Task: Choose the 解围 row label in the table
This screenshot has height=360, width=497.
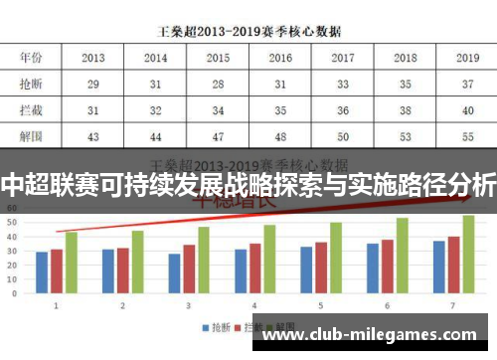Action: tap(31, 135)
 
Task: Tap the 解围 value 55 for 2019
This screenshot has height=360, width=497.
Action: tap(467, 135)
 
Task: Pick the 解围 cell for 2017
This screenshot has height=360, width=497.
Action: tap(343, 135)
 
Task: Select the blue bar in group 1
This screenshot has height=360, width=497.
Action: tap(42, 273)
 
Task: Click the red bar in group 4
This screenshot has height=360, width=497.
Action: tap(254, 269)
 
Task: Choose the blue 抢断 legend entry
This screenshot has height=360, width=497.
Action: tap(218, 326)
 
